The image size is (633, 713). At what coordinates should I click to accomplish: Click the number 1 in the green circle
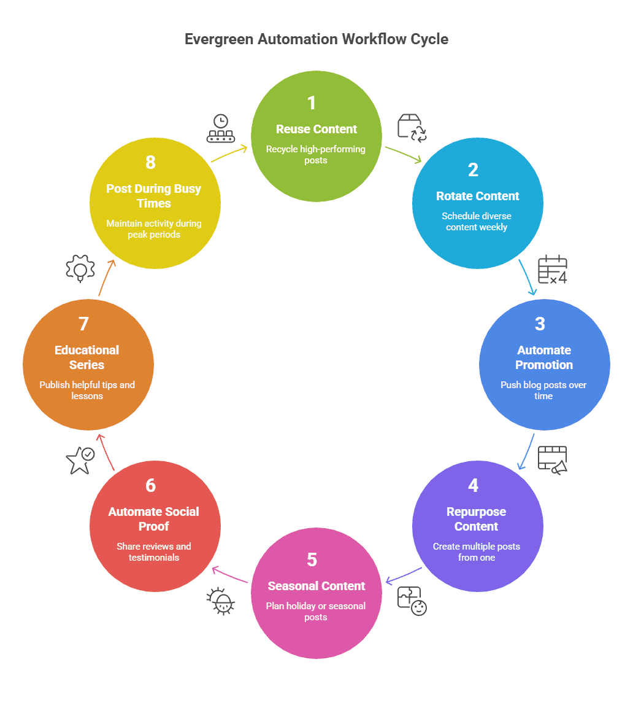[x=312, y=103]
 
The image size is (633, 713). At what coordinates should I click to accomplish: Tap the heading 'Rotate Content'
[x=477, y=196]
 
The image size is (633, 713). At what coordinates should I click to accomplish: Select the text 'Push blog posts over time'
[x=543, y=390]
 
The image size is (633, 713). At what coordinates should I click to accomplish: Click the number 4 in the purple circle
[x=473, y=485]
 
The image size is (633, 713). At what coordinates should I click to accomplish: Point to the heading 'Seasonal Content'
[x=316, y=586]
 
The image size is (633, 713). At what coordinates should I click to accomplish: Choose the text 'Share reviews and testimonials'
[x=154, y=551]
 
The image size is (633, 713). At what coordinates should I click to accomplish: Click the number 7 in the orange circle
[x=84, y=324]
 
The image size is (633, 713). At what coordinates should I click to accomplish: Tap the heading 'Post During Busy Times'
[x=154, y=195]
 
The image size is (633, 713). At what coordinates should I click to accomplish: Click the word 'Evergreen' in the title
[x=219, y=39]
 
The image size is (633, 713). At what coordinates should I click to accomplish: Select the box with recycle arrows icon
[x=412, y=127]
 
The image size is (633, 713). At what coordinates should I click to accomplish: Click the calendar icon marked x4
[x=552, y=270]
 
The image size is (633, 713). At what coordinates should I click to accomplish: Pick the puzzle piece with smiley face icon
[x=412, y=601]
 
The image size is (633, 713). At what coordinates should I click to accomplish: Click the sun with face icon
[x=221, y=601]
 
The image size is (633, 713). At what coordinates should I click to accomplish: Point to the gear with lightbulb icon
[x=80, y=268]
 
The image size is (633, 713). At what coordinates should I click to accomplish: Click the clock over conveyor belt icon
[x=221, y=128]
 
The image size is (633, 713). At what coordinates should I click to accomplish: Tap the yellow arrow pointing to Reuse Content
[x=229, y=154]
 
